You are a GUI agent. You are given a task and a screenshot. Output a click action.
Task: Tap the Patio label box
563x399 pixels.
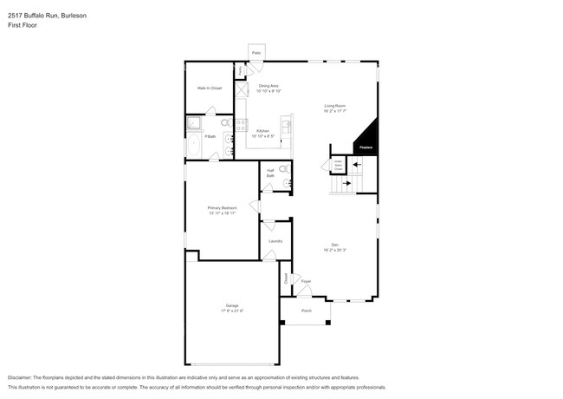click(x=256, y=53)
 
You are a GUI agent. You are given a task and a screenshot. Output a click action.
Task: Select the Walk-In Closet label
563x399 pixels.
click(x=209, y=88)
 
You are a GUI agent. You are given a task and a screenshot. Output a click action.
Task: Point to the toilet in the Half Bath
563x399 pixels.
click(x=287, y=182)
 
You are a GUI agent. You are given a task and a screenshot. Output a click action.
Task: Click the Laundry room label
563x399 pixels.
click(x=275, y=240)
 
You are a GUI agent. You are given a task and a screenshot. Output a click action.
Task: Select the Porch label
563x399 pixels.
click(x=306, y=311)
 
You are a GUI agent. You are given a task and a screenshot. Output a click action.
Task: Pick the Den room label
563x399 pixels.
click(x=334, y=246)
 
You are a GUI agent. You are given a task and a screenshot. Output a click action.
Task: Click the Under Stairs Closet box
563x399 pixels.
click(x=338, y=165)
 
